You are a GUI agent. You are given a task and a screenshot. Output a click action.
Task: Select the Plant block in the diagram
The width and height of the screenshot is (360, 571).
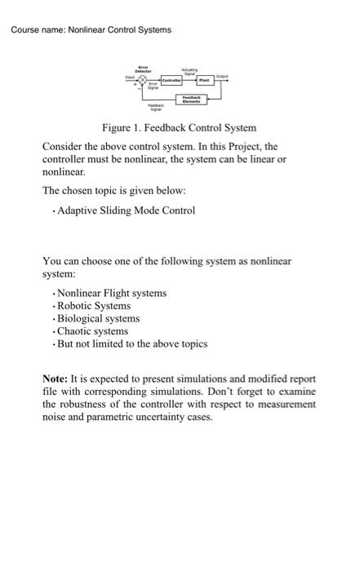click(x=204, y=81)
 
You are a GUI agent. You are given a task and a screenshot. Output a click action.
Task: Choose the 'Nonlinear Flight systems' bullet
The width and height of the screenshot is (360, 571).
click(x=112, y=292)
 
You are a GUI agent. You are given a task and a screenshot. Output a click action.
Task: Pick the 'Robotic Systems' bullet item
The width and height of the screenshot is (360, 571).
click(x=99, y=305)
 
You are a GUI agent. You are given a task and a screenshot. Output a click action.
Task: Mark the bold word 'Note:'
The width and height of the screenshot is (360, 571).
click(x=56, y=379)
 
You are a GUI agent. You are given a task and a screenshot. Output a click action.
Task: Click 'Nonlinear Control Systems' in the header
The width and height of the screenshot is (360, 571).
click(x=121, y=30)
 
